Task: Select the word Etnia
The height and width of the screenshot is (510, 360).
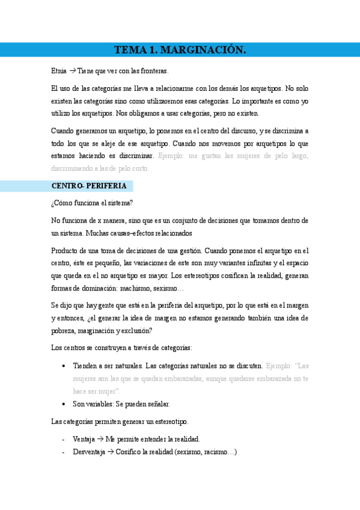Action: coord(59,71)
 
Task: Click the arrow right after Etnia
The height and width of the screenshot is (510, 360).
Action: coord(73,71)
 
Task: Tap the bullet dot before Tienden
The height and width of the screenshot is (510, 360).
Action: coord(64,366)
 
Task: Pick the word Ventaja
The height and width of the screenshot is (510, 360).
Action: coord(83,438)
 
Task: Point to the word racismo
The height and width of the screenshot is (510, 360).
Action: coord(219,451)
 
